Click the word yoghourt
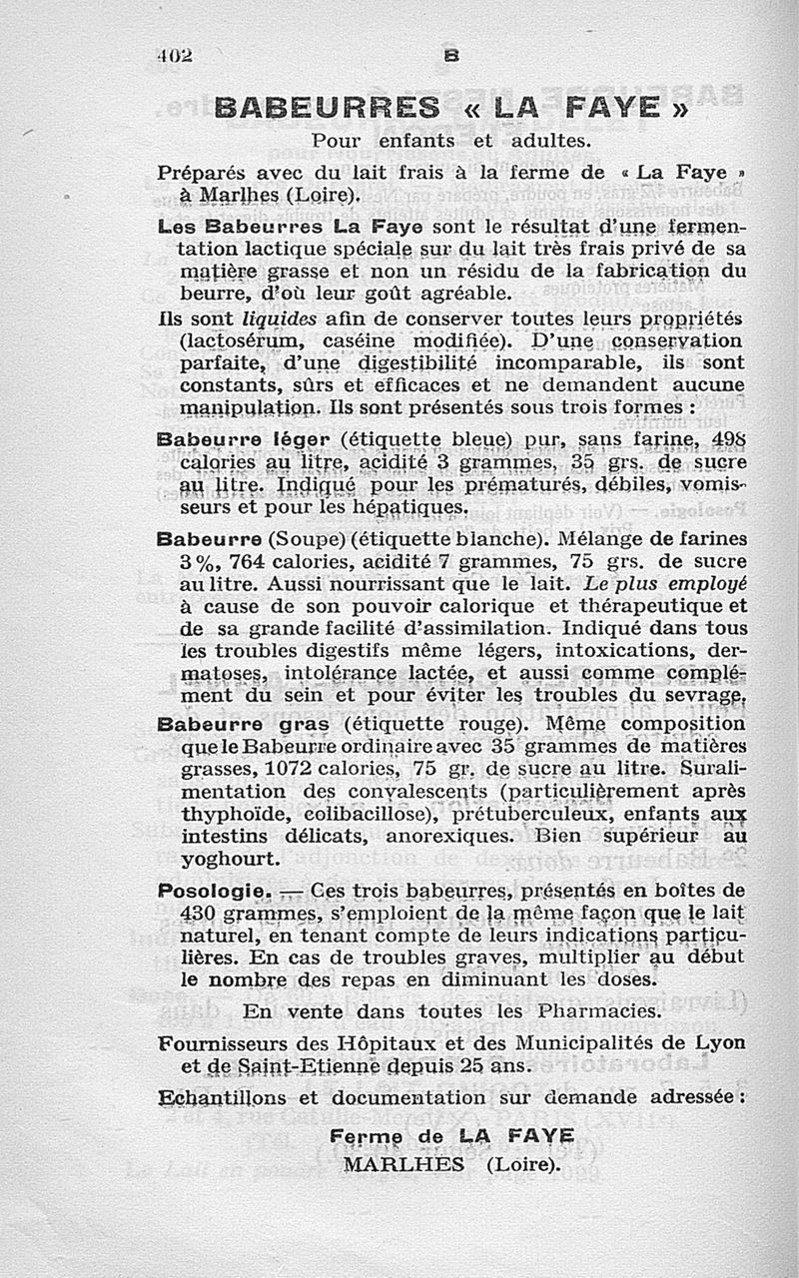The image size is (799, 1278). coord(230,859)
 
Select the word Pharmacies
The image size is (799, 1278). coord(596,1011)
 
